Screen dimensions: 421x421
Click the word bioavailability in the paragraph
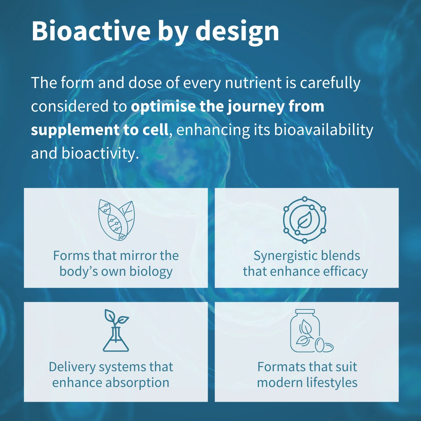point(323,130)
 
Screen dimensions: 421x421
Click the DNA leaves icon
point(116,220)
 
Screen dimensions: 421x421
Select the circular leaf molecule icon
point(305,220)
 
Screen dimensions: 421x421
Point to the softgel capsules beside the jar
point(324,345)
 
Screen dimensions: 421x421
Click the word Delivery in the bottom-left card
point(72,367)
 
